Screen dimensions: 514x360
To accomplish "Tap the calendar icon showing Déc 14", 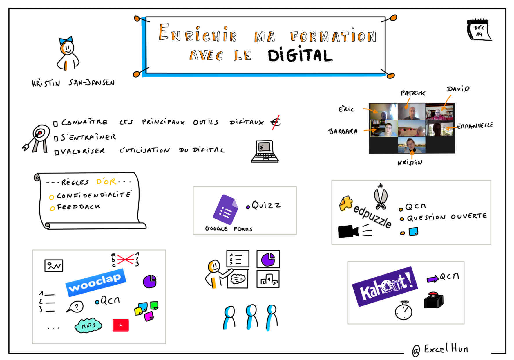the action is pos(479,30).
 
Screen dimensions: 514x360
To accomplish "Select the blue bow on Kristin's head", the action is pos(66,40).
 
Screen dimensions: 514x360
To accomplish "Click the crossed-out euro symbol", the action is pos(276,122).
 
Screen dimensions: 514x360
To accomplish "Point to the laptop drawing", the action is pos(265,151).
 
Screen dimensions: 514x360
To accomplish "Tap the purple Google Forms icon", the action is pos(225,209).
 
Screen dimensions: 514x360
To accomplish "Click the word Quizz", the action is pos(266,205).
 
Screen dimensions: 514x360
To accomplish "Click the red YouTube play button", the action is pos(120,325).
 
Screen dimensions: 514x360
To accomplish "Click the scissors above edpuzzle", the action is pos(381,197).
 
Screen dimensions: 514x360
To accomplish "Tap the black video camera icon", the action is pos(348,231).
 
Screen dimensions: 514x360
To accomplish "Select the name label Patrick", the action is pos(412,93).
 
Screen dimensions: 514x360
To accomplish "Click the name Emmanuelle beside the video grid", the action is pos(475,125).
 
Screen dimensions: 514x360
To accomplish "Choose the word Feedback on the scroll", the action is pos(78,207).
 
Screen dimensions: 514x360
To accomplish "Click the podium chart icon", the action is pos(268,279).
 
